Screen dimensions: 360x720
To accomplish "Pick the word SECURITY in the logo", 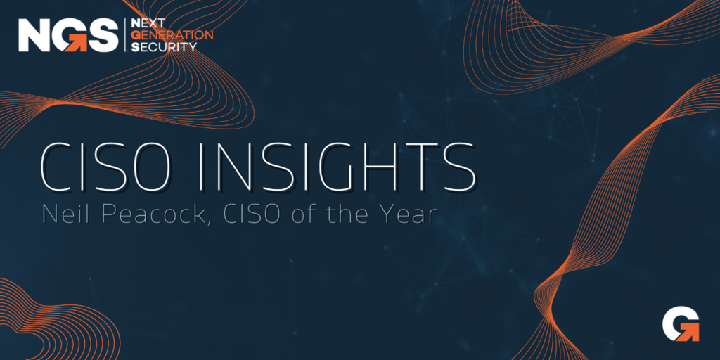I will tap(165, 46).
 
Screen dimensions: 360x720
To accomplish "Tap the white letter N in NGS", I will tap(34, 35).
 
